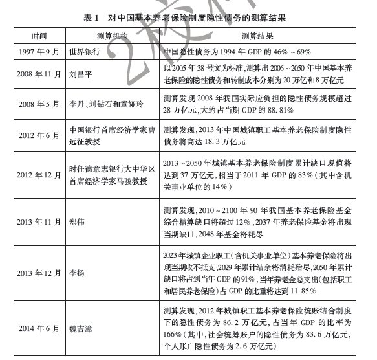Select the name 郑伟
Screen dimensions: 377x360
[77, 221]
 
